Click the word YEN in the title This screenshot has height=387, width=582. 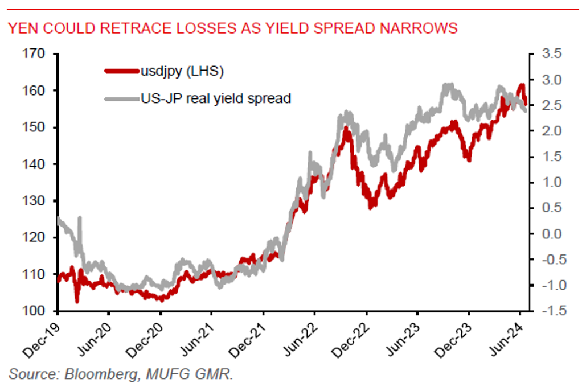coord(22,28)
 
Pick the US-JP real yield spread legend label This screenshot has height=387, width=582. coord(216,99)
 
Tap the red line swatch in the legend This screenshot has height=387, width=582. coord(122,72)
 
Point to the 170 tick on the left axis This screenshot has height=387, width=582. coord(35,54)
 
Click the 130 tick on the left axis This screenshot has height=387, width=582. coord(35,201)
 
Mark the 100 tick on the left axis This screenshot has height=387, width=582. coord(35,311)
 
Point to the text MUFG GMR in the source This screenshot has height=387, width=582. coord(191,374)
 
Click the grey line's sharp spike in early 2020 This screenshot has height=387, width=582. coord(79,218)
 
